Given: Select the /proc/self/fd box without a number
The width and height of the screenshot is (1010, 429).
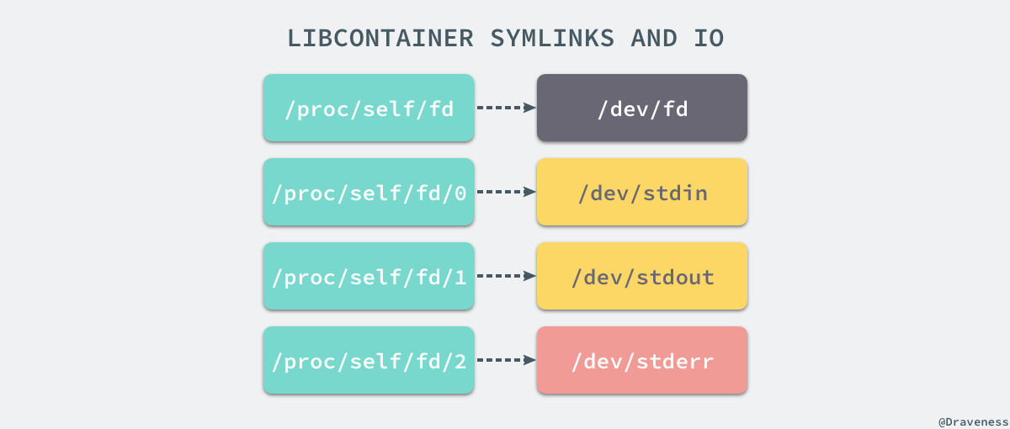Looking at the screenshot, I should [x=369, y=108].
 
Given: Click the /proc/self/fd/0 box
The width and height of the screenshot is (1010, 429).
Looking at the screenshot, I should [x=369, y=192].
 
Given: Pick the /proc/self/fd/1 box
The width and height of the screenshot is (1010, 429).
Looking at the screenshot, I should [x=369, y=276].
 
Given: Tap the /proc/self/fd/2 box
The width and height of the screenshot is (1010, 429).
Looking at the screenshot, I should [x=369, y=360].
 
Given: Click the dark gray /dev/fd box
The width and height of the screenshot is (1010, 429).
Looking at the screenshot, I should [x=642, y=108].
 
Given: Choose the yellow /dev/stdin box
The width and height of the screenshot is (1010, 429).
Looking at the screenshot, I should [x=642, y=192].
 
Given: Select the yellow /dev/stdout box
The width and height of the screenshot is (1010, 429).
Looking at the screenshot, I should [x=642, y=276].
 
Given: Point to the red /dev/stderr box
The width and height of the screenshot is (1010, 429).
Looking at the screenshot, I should [x=642, y=360].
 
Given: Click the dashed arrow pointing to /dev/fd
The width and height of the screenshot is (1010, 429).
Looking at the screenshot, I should [x=506, y=108].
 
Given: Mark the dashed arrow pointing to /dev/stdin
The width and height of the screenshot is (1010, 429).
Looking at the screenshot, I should [x=506, y=192].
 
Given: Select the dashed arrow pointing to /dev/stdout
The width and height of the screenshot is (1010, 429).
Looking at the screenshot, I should [x=506, y=276].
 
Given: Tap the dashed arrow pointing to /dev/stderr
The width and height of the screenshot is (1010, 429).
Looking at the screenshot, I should [x=506, y=360].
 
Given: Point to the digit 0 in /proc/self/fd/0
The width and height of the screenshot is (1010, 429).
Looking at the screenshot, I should [x=459, y=193].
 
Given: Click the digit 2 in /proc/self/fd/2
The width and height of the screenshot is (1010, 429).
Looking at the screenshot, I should [x=459, y=362].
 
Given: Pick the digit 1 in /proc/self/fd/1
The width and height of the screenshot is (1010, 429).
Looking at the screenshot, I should [x=459, y=278].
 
